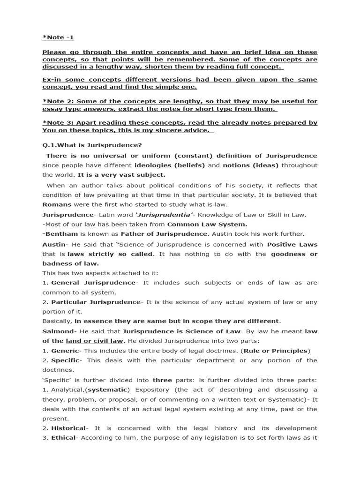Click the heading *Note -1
tap(58, 37)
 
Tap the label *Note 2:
tap(58, 101)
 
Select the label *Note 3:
tap(58, 122)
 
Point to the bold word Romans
tap(57, 204)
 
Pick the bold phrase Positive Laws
tap(292, 244)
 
